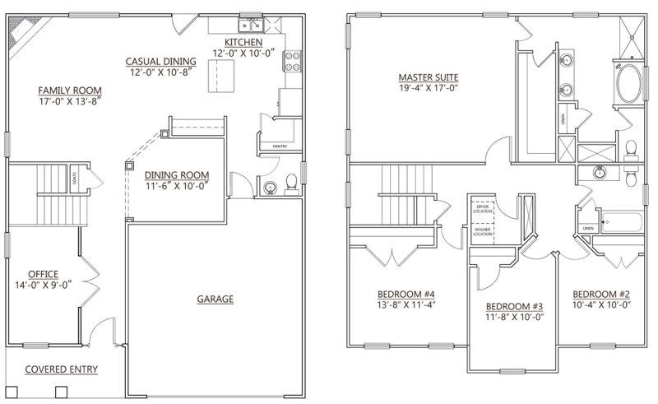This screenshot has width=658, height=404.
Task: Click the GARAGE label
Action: point(215,299)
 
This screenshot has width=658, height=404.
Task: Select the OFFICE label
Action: point(42,274)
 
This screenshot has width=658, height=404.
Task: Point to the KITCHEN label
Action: point(243,41)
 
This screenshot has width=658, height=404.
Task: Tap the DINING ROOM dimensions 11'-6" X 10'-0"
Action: point(176,186)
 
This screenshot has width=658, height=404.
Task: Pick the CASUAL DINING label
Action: point(160,61)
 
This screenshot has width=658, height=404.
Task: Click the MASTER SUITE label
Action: point(424,77)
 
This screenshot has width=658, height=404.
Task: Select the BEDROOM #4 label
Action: point(405,294)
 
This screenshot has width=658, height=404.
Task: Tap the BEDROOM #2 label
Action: point(600,294)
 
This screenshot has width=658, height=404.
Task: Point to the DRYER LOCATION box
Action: point(482,208)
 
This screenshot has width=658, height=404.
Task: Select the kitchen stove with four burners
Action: point(290,62)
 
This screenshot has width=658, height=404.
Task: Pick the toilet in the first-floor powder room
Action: point(288,183)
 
